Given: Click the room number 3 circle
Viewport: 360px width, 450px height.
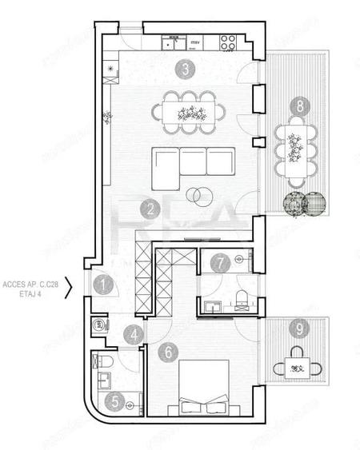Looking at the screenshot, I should click(x=185, y=69).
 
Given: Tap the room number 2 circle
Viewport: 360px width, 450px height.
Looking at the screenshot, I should click(x=147, y=210).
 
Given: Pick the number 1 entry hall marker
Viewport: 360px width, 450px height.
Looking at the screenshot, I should click(x=103, y=282).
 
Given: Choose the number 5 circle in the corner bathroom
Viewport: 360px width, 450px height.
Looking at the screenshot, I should click(x=117, y=401).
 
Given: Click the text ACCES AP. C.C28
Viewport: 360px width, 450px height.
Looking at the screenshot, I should click(x=32, y=284).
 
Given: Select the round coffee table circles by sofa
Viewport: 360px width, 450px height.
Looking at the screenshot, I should click(x=196, y=193).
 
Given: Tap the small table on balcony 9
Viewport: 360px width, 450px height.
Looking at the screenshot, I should click(x=297, y=368).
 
